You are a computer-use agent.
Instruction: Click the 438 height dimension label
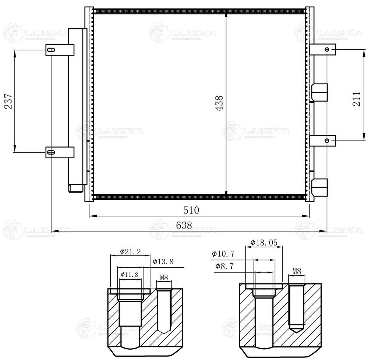pyautogui.click(x=220, y=104)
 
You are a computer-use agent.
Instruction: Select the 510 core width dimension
pyautogui.click(x=191, y=210)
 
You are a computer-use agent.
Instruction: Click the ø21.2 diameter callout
pyautogui.click(x=130, y=252)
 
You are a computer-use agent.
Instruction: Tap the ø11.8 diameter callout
pyautogui.click(x=129, y=275)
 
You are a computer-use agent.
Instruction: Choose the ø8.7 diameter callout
pyautogui.click(x=223, y=266)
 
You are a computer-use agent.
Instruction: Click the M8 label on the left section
pyautogui.click(x=164, y=278)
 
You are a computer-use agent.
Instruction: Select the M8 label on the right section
pyautogui.click(x=297, y=271)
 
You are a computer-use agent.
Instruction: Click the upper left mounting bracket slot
pyautogui.click(x=51, y=50)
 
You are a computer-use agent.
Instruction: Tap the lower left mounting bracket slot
pyautogui.click(x=51, y=152)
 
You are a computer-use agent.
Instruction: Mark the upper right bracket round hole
pyautogui.click(x=327, y=49)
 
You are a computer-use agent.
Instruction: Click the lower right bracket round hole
pyautogui.click(x=327, y=140)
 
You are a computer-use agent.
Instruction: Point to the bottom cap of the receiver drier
pyautogui.click(x=76, y=188)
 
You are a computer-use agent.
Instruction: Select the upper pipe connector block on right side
pyautogui.click(x=319, y=92)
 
